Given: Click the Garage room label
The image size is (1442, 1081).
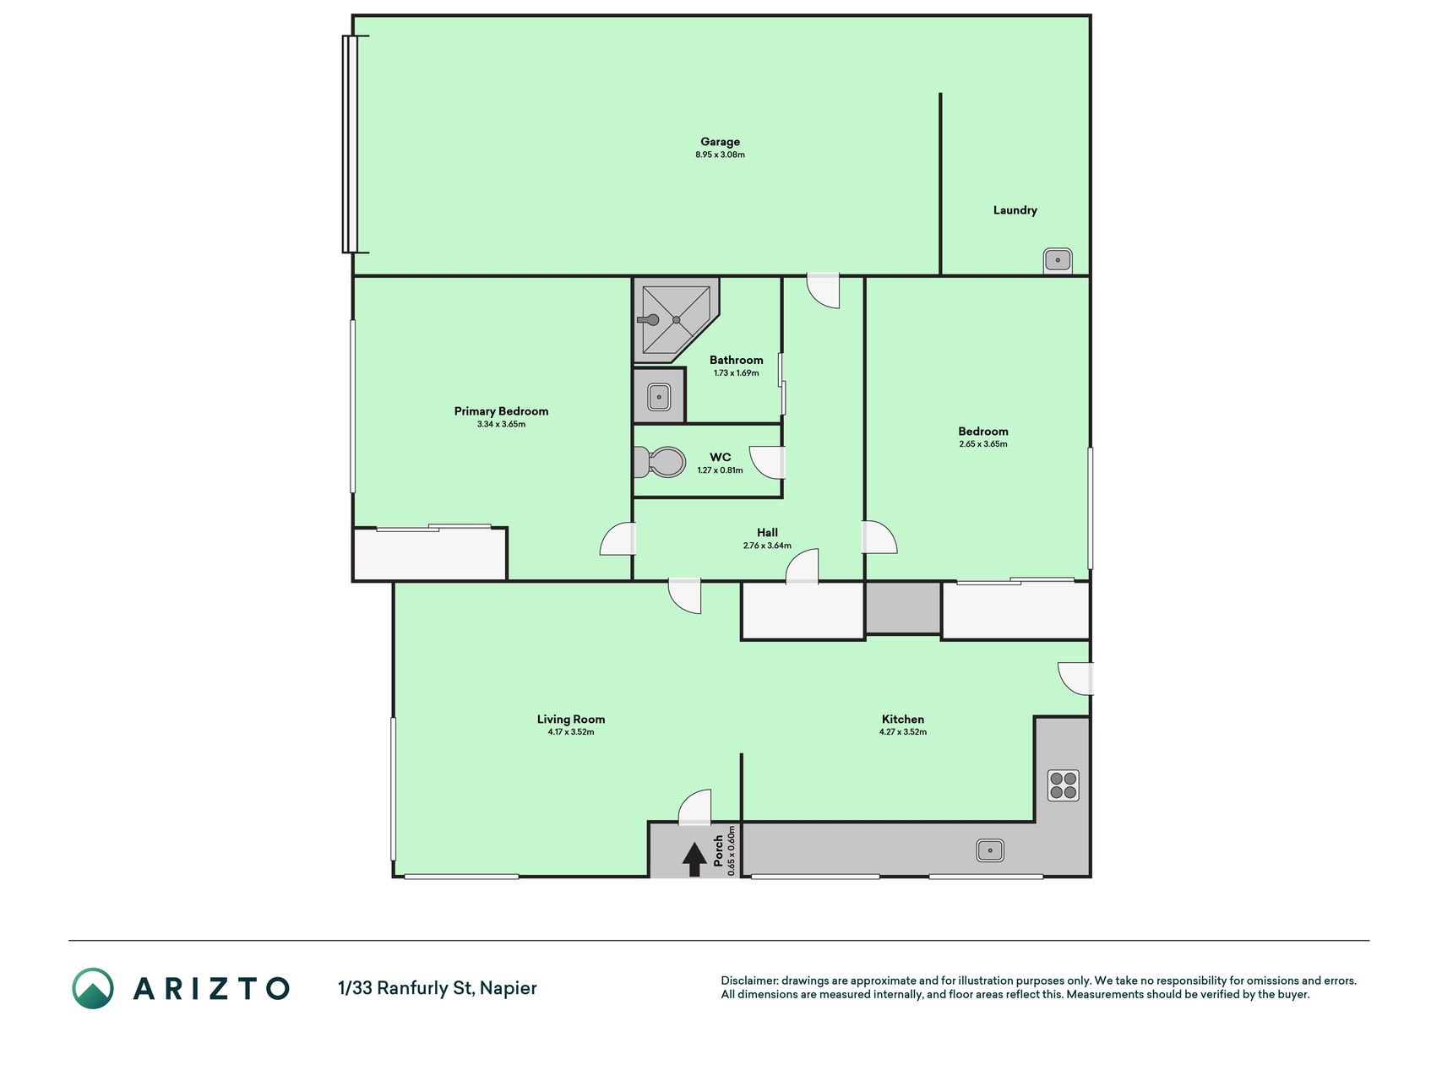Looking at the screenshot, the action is (x=720, y=142).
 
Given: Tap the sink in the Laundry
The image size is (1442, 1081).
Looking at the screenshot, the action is (x=1058, y=260).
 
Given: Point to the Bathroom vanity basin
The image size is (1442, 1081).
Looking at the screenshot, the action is (x=659, y=394).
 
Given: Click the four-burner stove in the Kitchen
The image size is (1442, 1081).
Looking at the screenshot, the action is (x=1063, y=785).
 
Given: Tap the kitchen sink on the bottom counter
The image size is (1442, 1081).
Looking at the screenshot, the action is (x=989, y=850).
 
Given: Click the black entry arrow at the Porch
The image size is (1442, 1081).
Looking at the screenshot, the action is (x=694, y=859).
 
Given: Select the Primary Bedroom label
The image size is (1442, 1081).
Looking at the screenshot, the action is (x=501, y=411).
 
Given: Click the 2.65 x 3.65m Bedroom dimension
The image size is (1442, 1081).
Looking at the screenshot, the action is (x=983, y=444).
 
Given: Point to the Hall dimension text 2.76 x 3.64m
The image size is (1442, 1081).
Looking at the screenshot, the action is (x=767, y=546).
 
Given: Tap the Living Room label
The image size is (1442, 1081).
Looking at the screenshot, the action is (x=571, y=720).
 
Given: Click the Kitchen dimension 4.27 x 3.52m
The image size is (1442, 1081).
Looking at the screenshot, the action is (x=903, y=732).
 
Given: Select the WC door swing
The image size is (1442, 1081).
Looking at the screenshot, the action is (x=768, y=463).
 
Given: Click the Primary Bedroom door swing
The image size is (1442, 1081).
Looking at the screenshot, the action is (x=618, y=539).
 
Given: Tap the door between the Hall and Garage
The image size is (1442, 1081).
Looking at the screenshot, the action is (x=824, y=291).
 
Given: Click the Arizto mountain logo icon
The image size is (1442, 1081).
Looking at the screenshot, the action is (x=93, y=988).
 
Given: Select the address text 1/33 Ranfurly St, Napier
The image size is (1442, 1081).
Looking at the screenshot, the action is (x=438, y=988).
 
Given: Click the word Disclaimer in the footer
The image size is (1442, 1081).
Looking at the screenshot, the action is (x=749, y=981).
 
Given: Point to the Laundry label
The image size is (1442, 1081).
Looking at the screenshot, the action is (x=1015, y=210).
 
